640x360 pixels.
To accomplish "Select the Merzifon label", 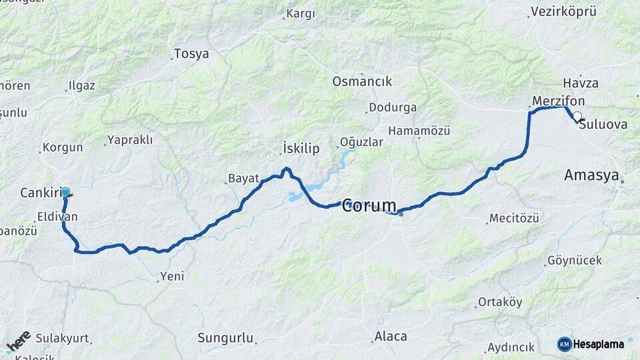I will coord(559,101).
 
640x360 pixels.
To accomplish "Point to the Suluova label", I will coord(603,124).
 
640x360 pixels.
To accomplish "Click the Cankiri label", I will coord(40,193).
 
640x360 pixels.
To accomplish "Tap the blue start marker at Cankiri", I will coord(65,192).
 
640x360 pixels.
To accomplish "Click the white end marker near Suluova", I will coord(577,116).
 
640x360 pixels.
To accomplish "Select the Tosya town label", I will coord(191,54).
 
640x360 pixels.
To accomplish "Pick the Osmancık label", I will coord(362,81).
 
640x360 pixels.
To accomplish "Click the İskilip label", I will coord(301,147).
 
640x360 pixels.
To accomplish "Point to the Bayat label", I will coord(243,178).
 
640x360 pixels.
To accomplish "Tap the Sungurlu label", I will coord(226,338).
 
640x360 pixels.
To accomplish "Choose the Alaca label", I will coord(391,337).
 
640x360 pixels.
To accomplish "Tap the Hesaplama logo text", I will coord(598,344).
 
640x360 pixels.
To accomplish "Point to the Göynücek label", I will coord(574,260).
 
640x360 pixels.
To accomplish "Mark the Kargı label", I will coord(300,13).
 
